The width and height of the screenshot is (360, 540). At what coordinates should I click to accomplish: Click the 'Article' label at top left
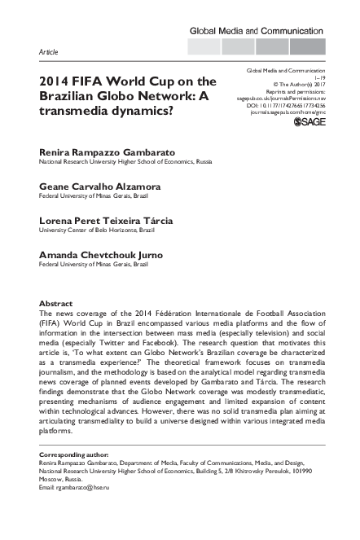click(x=48, y=51)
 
